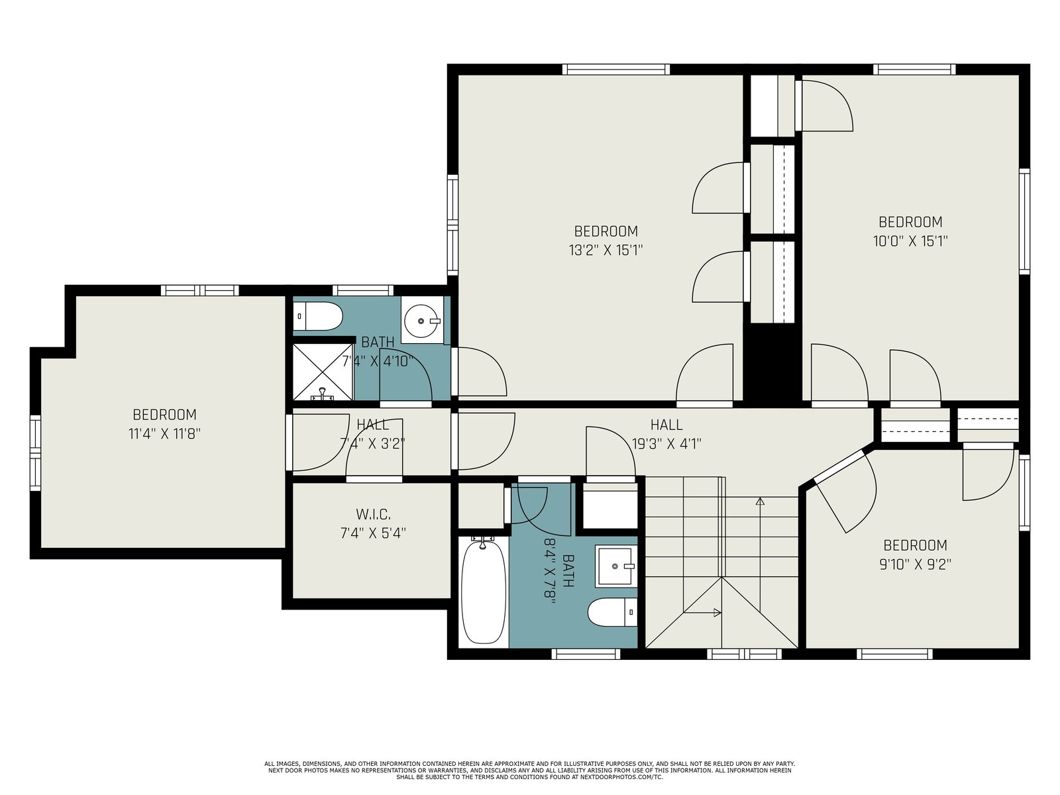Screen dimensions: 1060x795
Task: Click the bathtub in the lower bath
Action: (484, 592)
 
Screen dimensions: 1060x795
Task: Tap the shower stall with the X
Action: (323, 372)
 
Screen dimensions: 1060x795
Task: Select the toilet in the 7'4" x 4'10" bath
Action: (318, 316)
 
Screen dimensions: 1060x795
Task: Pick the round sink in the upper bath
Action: (421, 321)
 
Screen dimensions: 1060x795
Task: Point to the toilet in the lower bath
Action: (612, 612)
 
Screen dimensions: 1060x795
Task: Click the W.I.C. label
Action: (373, 513)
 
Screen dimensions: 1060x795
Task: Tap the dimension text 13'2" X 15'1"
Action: (606, 250)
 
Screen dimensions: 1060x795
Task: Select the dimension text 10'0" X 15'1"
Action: (910, 241)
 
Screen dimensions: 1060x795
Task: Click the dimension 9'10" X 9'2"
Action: (915, 564)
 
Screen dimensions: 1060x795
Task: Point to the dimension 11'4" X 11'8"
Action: (164, 433)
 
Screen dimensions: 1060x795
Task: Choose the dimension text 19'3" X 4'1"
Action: (666, 444)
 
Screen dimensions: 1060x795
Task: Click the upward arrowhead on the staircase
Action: (760, 501)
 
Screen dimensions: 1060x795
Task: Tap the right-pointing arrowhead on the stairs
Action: (717, 613)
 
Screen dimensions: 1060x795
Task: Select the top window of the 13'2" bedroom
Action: (615, 70)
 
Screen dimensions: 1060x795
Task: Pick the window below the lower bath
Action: (586, 654)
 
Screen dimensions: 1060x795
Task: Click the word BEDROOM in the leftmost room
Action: (164, 415)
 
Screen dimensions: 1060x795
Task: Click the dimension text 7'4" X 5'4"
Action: (373, 533)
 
